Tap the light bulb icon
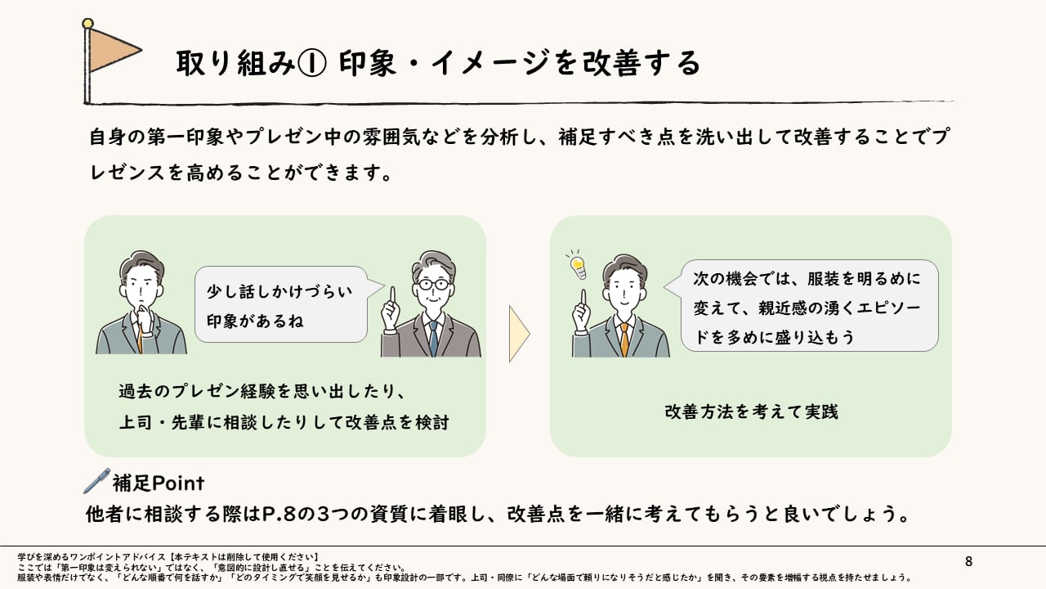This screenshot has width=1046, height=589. pyautogui.click(x=578, y=264)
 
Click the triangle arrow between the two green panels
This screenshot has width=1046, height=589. pyautogui.click(x=519, y=334)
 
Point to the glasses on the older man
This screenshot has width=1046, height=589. pyautogui.click(x=433, y=284)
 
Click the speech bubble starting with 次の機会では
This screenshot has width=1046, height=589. pyautogui.click(x=809, y=306)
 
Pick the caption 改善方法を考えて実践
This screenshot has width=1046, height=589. pyautogui.click(x=751, y=411)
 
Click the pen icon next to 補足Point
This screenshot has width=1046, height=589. pyautogui.click(x=96, y=480)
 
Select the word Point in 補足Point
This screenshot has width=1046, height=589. pyautogui.click(x=179, y=483)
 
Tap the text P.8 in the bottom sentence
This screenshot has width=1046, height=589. pyautogui.click(x=278, y=515)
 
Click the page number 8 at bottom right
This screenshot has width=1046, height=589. pyautogui.click(x=969, y=561)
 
